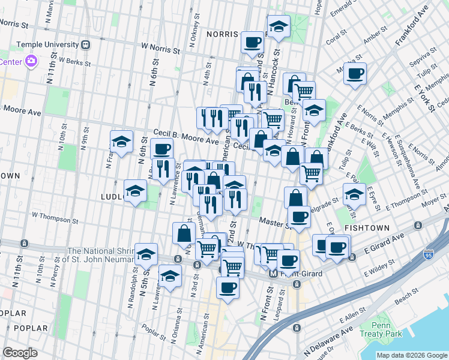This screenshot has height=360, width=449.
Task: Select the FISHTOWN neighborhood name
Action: click(368, 229)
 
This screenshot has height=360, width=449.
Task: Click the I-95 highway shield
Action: click(429, 254)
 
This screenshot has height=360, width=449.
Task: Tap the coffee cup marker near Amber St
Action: click(355, 73)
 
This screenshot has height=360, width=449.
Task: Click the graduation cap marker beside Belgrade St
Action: click(354, 193)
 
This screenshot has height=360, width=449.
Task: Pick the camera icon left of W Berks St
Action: click(31, 61)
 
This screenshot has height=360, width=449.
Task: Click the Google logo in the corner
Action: click(20, 352)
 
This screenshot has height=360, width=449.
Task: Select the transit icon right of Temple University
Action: click(85, 44)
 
